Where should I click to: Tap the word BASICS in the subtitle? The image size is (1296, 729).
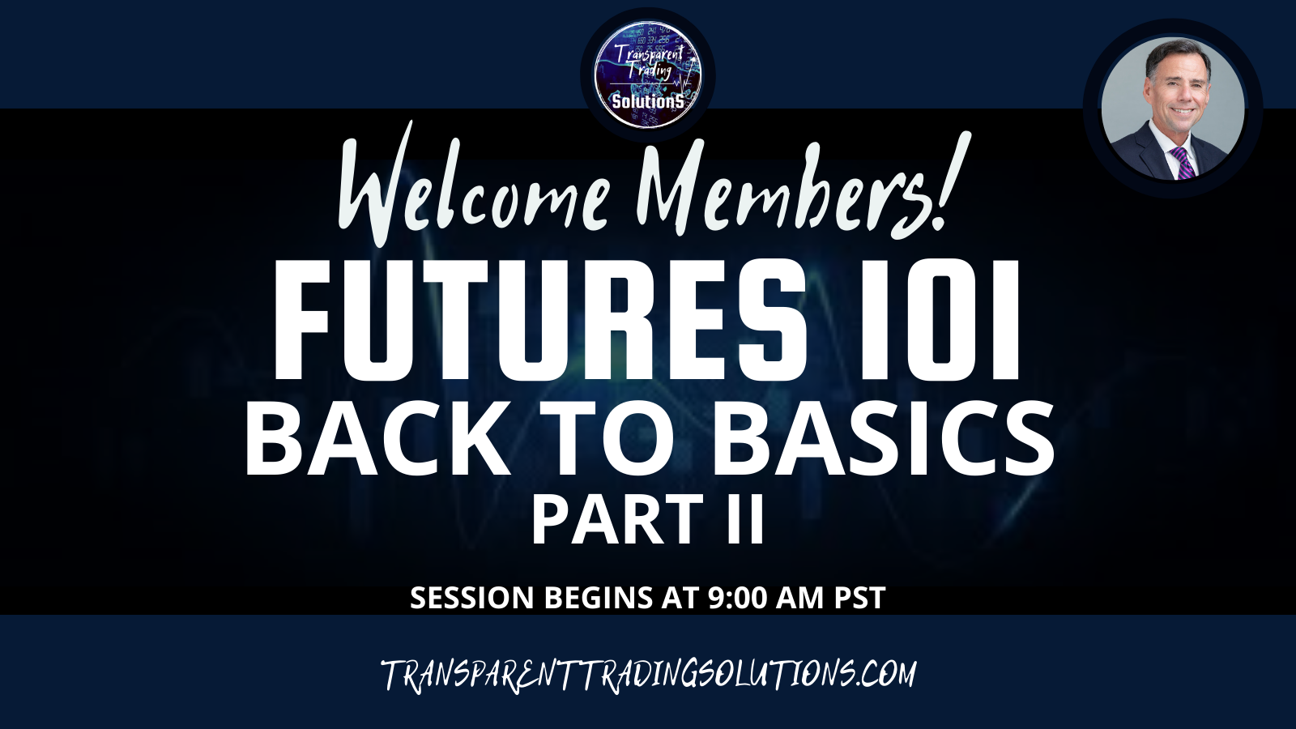tap(882, 440)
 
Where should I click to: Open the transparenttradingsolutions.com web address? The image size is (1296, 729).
tap(649, 674)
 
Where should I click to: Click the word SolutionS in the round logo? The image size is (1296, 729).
tap(648, 102)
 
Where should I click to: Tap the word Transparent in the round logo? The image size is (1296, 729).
tap(648, 56)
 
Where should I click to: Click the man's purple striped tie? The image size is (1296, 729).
tap(1183, 163)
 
